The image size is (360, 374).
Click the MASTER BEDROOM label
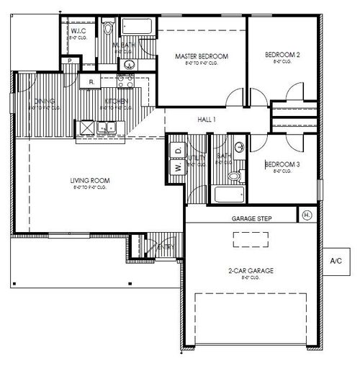pyautogui.click(x=202, y=55)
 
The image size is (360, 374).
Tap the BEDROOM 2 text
pyautogui.click(x=282, y=55)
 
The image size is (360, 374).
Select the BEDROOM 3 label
pyautogui.click(x=283, y=165)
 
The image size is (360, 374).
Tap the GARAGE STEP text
pyautogui.click(x=251, y=218)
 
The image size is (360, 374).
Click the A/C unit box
pyautogui.click(x=337, y=260)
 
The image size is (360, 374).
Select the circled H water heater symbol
pyautogui.click(x=307, y=215)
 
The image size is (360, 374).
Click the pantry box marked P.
pyautogui.click(x=68, y=62)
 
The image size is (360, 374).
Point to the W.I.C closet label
pyautogui.click(x=78, y=32)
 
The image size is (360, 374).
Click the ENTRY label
pyautogui.click(x=166, y=247)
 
